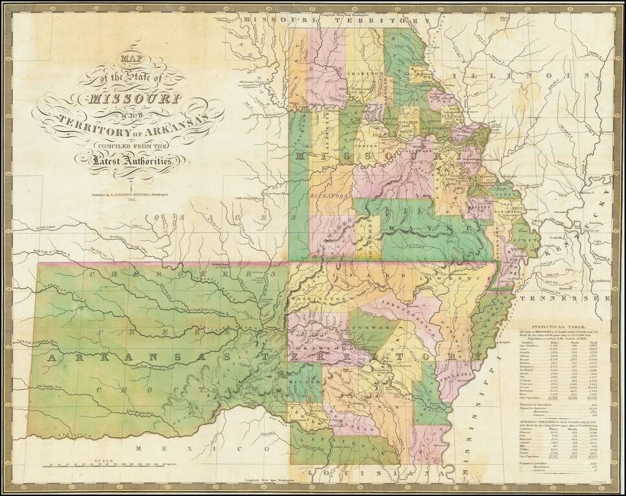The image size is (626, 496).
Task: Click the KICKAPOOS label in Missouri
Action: pos(334,193)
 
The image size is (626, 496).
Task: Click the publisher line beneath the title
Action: pos(129,192)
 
